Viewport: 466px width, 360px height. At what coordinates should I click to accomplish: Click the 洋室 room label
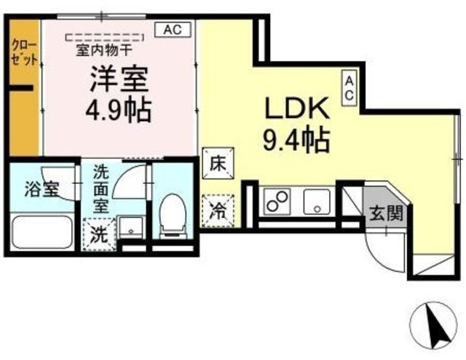point(120,79)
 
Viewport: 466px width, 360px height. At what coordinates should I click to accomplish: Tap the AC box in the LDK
point(349,87)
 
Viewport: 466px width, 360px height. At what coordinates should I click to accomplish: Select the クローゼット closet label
point(24,52)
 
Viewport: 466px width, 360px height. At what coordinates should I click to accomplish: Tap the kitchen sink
point(317,201)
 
